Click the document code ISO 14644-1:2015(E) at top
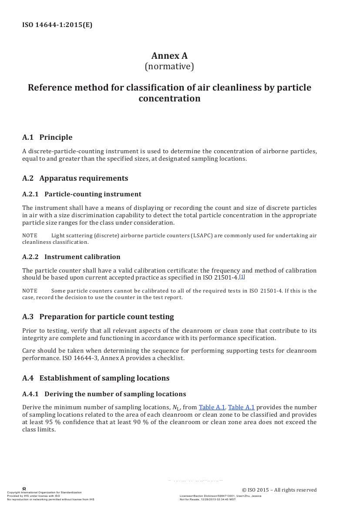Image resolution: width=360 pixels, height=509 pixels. point(57,25)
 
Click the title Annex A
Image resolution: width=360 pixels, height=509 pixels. point(169,56)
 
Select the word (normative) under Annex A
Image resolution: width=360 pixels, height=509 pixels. point(169,67)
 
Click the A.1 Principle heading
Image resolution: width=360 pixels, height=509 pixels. point(47,137)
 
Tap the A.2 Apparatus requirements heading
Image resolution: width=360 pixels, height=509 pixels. point(75,178)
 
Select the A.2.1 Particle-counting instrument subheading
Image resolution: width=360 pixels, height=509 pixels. point(82,194)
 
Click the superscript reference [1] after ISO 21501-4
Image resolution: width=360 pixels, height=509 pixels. point(242,276)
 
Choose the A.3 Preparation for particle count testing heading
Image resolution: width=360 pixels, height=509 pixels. point(98,317)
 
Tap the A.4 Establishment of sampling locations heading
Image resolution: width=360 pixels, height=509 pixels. point(96,378)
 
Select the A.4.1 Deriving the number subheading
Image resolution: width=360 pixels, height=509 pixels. point(104,394)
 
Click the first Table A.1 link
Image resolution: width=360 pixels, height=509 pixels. point(212,408)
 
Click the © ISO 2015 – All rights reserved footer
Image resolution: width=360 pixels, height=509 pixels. point(279,490)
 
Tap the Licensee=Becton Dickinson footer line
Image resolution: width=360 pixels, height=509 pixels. point(220,496)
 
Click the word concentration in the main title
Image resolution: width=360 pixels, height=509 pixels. point(169,98)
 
